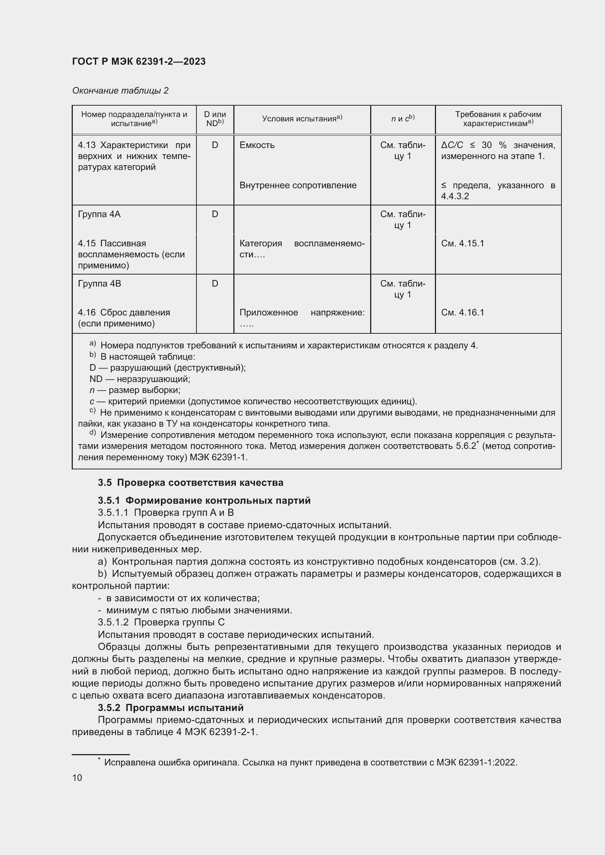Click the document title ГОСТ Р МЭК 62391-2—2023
pyautogui.click(x=139, y=61)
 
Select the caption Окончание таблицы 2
pyautogui.click(x=120, y=91)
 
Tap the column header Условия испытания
pyautogui.click(x=302, y=119)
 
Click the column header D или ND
pyautogui.click(x=215, y=119)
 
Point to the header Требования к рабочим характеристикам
pyautogui.click(x=498, y=119)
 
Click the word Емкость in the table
pyautogui.click(x=257, y=145)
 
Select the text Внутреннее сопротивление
pyautogui.click(x=298, y=185)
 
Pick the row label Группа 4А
pyautogui.click(x=99, y=214)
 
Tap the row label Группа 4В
pyautogui.click(x=99, y=283)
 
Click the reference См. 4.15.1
pyautogui.click(x=462, y=243)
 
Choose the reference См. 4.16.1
pyautogui.click(x=462, y=313)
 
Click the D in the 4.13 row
pyautogui.click(x=215, y=145)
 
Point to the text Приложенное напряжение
pyautogui.click(x=302, y=313)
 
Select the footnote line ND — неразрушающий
pyautogui.click(x=140, y=379)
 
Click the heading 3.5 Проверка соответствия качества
pyautogui.click(x=190, y=483)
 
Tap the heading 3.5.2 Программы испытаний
pyautogui.click(x=170, y=708)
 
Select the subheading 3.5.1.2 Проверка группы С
pyautogui.click(x=161, y=622)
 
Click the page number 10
pyautogui.click(x=77, y=778)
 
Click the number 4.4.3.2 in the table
pyautogui.click(x=455, y=196)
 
